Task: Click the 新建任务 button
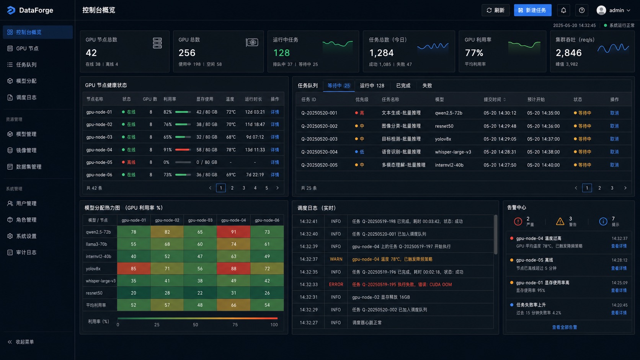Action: click(x=532, y=10)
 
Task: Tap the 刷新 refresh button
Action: click(x=495, y=10)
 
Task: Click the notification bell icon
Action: click(x=563, y=10)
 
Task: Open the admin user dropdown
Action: click(x=613, y=10)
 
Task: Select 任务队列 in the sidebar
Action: click(x=26, y=65)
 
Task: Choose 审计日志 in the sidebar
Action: click(x=26, y=252)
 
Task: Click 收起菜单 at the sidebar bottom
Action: click(x=21, y=342)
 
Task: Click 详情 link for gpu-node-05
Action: click(x=275, y=162)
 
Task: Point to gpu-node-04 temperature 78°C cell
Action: click(x=231, y=150)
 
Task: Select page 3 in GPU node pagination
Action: click(x=244, y=188)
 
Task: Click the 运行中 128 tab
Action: click(x=372, y=86)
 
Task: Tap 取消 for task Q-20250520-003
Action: click(x=614, y=139)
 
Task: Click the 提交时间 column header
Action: click(x=492, y=99)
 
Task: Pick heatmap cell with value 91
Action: click(x=233, y=232)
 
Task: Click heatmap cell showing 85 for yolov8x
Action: click(x=134, y=269)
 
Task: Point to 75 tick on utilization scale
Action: click(x=235, y=324)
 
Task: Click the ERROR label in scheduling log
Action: click(x=336, y=284)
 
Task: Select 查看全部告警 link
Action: click(x=564, y=327)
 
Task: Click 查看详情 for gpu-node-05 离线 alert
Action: click(x=619, y=268)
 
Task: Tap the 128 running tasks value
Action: click(x=281, y=53)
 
